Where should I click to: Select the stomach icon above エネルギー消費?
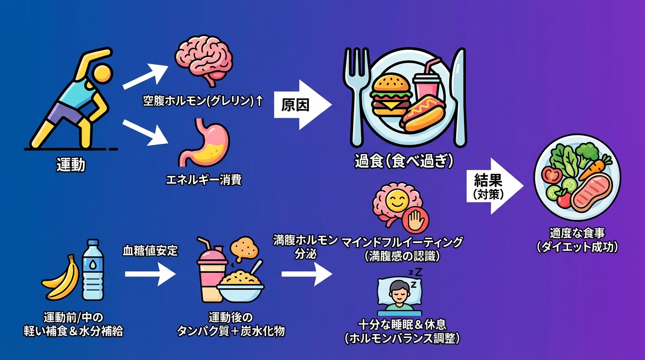(x=202, y=142)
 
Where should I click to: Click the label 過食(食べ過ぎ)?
(x=404, y=162)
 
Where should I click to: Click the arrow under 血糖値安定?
(x=150, y=274)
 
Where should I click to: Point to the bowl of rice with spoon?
(x=240, y=286)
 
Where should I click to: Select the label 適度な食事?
(x=577, y=233)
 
